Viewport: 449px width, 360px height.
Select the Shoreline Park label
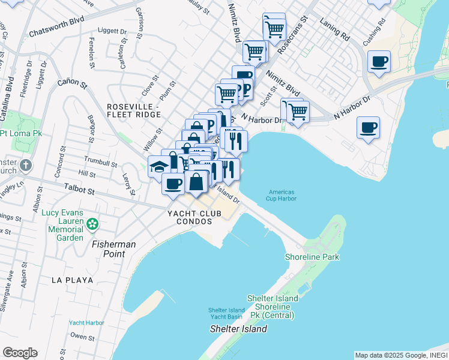(312, 257)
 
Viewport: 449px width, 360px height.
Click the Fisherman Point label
(114, 249)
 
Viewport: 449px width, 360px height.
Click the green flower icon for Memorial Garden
(92, 224)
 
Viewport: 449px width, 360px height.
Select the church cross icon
(25, 165)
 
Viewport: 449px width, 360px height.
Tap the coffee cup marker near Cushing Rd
(379, 62)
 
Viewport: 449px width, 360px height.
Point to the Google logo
(20, 353)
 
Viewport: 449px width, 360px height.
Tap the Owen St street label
(79, 337)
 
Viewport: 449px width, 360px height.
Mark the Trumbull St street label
(101, 163)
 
